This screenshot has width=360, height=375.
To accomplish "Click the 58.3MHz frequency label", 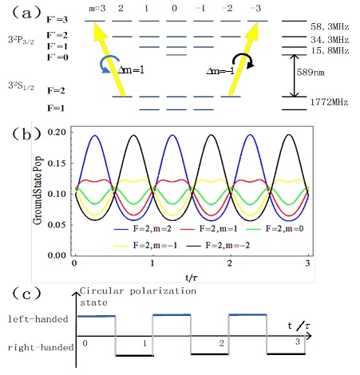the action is point(330,26).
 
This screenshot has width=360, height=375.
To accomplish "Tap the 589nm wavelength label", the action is point(311,73).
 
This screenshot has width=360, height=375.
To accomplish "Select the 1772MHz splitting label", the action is point(329,102).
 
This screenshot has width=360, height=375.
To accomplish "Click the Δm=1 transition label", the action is point(131,69).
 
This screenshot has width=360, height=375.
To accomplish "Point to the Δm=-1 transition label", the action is point(220,71).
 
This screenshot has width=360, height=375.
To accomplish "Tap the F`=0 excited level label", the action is point(57,57).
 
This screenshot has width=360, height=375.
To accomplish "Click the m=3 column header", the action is point(97,9).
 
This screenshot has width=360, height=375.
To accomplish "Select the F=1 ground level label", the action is point(56,109).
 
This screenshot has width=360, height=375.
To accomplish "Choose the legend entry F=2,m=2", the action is point(143,229).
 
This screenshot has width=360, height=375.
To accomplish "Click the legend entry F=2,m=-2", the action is point(218,245).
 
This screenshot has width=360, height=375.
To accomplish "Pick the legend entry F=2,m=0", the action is point(275,229).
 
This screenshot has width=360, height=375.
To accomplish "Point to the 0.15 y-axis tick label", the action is point(57,163).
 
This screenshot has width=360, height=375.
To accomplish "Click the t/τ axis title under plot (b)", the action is point(192,278).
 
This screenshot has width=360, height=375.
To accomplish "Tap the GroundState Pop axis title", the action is point(38,191).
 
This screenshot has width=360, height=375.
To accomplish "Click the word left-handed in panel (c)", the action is point(38,318).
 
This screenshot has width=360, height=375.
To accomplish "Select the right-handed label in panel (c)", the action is point(41,347).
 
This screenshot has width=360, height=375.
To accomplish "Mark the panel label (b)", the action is point(26,134).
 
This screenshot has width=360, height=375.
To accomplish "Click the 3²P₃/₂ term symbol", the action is point(21,41).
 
